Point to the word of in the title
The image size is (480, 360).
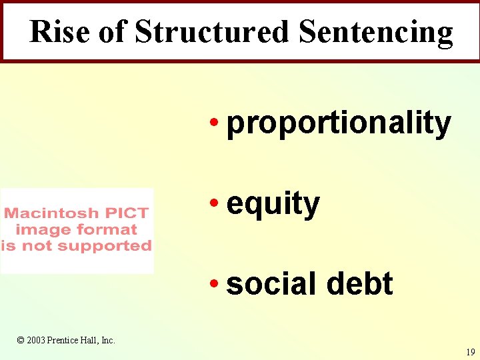point(113,31)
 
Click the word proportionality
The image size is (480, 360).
point(339,124)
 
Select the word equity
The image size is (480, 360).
point(273,204)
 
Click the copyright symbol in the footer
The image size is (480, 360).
point(21,340)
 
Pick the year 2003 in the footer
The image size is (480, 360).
point(36,340)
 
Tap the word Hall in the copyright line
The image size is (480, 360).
point(91,340)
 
